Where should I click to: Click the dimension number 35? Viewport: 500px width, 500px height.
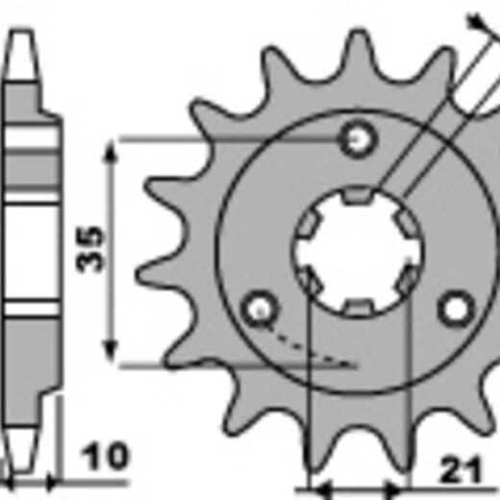[90, 250]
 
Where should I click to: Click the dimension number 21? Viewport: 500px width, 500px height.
[462, 470]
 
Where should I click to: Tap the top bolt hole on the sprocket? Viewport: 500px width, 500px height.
[357, 139]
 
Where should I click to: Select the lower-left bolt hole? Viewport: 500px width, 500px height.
[261, 309]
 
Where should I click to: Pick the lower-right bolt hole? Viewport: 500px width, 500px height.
[457, 309]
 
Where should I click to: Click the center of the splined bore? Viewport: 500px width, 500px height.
[357, 251]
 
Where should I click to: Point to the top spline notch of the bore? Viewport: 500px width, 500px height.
[357, 195]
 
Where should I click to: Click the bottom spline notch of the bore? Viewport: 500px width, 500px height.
[357, 307]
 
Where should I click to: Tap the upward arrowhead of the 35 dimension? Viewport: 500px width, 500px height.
[111, 151]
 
